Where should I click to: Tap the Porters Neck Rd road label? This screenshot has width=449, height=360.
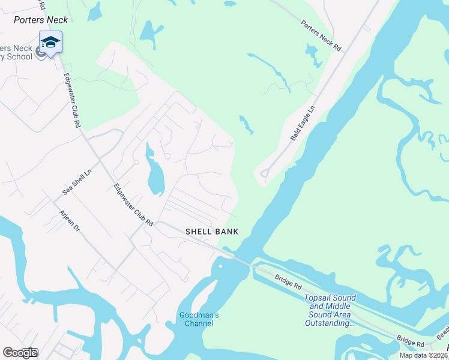point(321,36)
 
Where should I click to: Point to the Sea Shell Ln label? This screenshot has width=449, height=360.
point(77,182)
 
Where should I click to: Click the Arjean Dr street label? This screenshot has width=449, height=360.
point(68,221)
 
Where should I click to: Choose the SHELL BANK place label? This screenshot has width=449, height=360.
point(212,232)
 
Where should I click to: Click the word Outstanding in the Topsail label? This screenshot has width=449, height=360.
point(330,323)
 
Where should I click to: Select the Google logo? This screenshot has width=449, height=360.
point(20,353)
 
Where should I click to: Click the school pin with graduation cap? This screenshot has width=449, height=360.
point(50,43)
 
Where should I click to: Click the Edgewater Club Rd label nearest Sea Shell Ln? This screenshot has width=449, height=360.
point(133,204)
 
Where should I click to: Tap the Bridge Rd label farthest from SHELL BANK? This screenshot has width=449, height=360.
point(412,343)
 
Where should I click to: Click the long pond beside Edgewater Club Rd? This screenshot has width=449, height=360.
point(154,174)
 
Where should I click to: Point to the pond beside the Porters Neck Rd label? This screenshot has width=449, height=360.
point(313,56)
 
